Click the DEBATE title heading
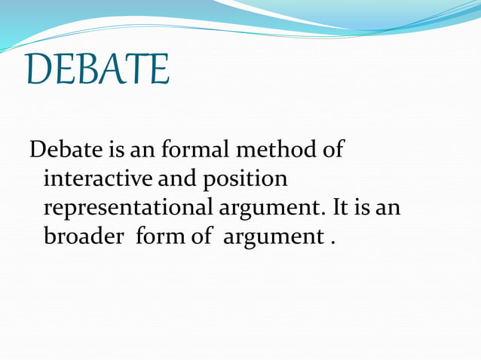97,69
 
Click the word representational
129,208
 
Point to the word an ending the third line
389,209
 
